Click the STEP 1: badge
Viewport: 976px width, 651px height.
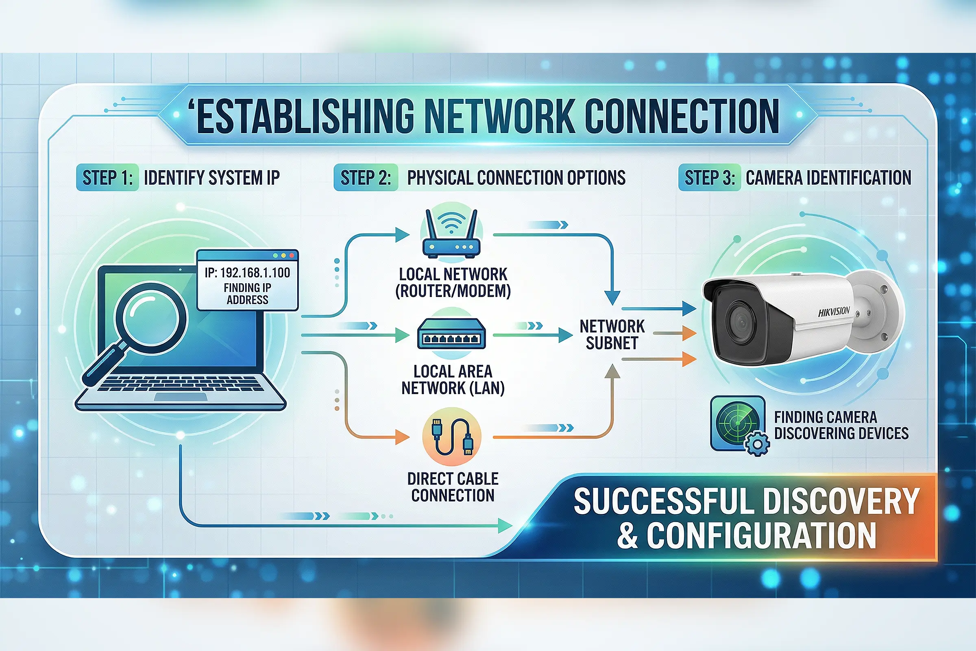coord(107,178)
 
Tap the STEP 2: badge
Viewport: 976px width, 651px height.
coord(366,178)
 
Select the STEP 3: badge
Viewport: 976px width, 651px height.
coord(709,178)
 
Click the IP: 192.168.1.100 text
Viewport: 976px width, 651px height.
coord(247,273)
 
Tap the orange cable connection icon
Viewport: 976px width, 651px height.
coord(451,437)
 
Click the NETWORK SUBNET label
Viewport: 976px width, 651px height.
coord(612,334)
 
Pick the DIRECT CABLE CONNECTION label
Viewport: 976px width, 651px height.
coord(453,487)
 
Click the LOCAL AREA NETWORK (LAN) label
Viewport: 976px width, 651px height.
coord(453,380)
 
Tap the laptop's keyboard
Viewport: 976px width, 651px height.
coord(181,384)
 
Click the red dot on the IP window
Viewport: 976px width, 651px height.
coord(292,256)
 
